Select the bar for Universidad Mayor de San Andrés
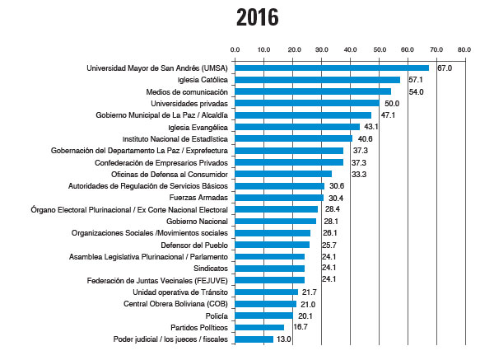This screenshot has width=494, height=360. [332, 68]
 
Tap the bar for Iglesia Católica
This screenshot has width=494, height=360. [317, 80]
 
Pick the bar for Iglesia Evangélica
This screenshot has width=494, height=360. [297, 127]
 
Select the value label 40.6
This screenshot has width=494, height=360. [366, 139]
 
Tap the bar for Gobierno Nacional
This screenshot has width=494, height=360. [275, 222]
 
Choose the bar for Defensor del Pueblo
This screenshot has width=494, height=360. [272, 245]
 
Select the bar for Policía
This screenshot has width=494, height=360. [263, 316]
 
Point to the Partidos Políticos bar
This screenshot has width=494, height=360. [259, 327]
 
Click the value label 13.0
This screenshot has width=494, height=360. [284, 339]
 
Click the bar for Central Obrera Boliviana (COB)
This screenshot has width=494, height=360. [265, 304]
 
